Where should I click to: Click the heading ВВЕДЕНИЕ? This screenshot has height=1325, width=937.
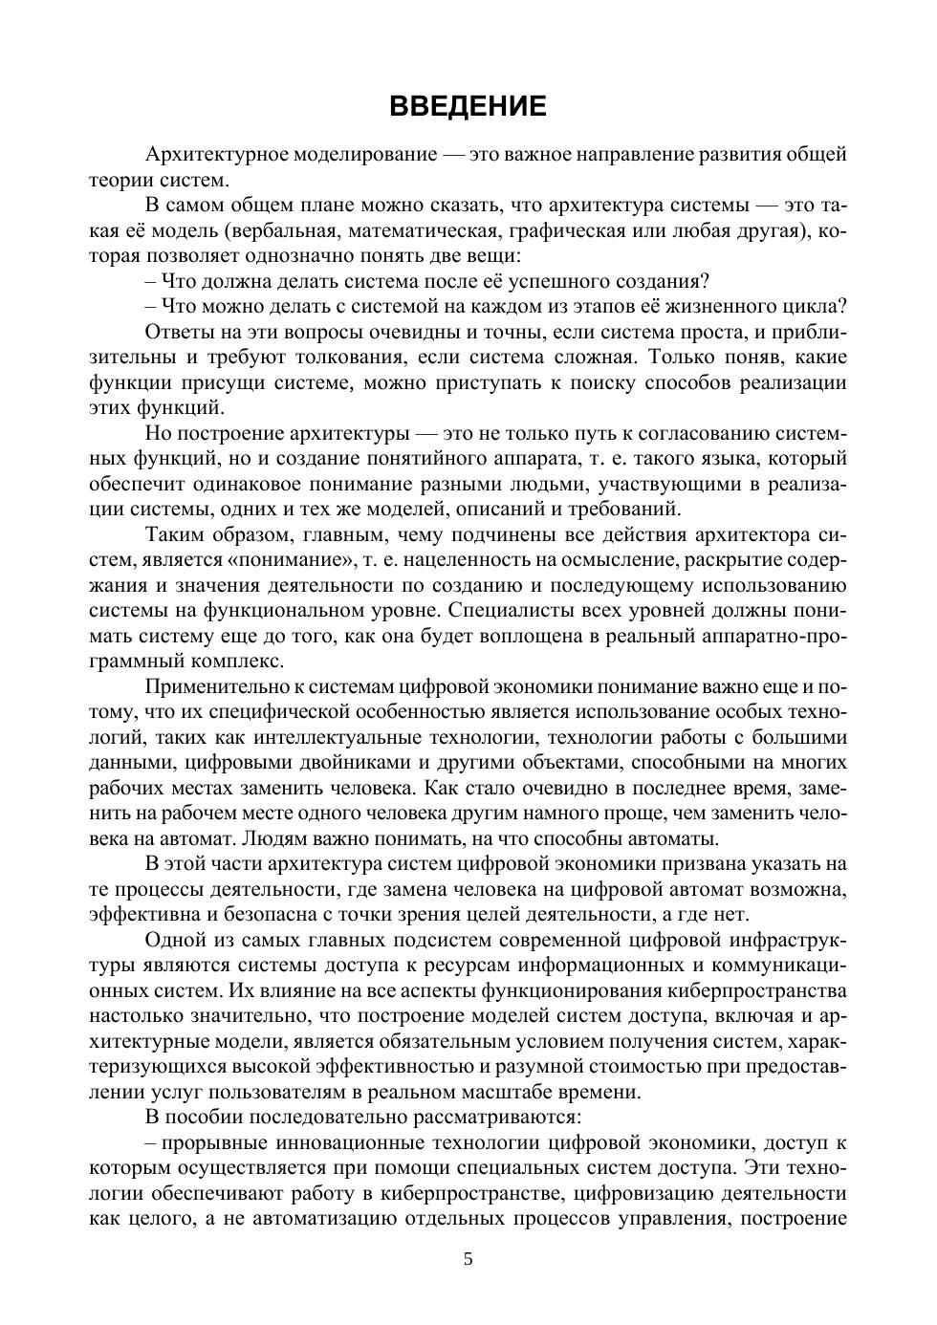point(468,106)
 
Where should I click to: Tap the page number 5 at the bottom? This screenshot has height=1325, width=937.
point(468,1259)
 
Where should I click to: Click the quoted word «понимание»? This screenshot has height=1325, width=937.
point(298,559)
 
